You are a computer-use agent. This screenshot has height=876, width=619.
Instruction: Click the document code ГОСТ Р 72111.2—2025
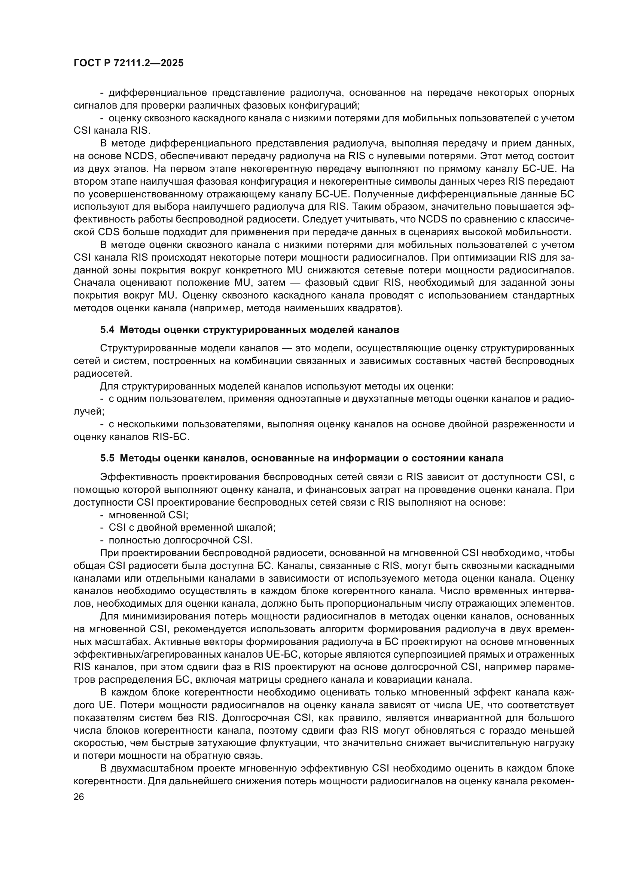(x=128, y=63)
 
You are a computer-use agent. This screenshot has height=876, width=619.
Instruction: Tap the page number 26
(x=79, y=797)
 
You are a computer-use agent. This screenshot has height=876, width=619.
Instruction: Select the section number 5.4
(x=107, y=330)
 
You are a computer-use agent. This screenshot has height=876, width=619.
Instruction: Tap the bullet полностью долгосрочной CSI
(x=181, y=540)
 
